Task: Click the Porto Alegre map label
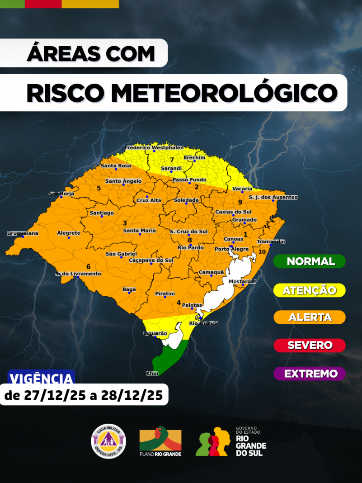pyautogui.click(x=231, y=249)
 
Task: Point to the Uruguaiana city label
pyautogui.click(x=23, y=233)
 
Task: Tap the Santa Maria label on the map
pyautogui.click(x=139, y=230)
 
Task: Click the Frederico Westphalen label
pyautogui.click(x=154, y=147)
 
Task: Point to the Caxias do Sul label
pyautogui.click(x=233, y=212)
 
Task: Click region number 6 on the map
pyautogui.click(x=89, y=266)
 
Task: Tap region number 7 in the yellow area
pyautogui.click(x=172, y=160)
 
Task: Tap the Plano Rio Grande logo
pyautogui.click(x=160, y=440)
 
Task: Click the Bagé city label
pyautogui.click(x=129, y=289)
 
